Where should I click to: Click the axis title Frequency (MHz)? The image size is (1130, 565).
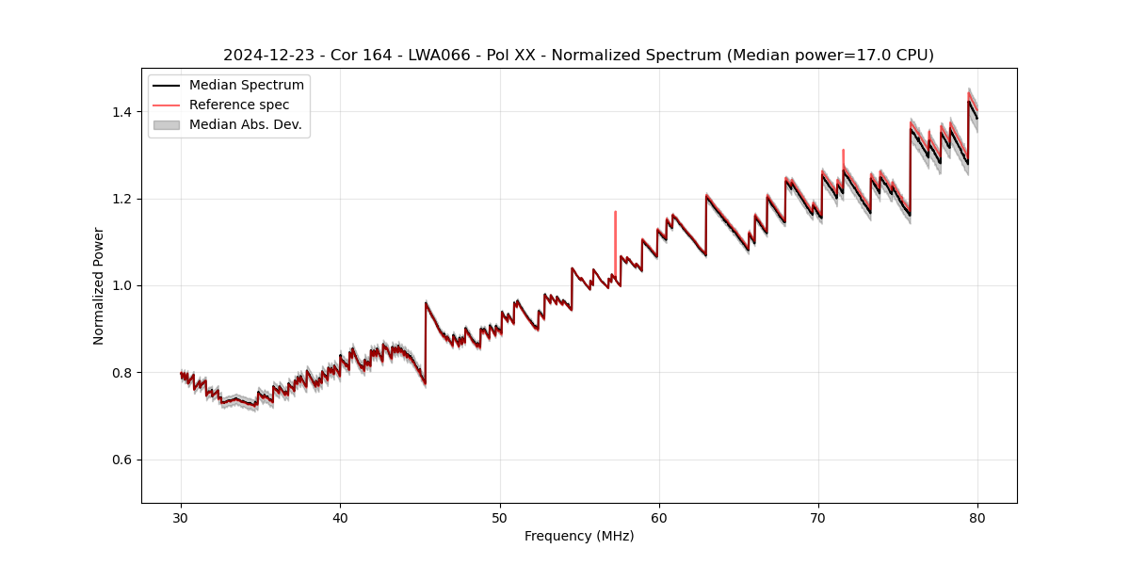click(579, 536)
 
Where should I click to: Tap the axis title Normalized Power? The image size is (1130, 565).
click(98, 285)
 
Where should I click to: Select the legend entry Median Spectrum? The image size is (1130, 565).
click(246, 86)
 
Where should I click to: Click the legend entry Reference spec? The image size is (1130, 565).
click(239, 105)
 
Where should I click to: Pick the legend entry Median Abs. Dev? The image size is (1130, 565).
click(245, 124)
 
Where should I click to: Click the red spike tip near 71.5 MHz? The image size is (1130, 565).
click(843, 151)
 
